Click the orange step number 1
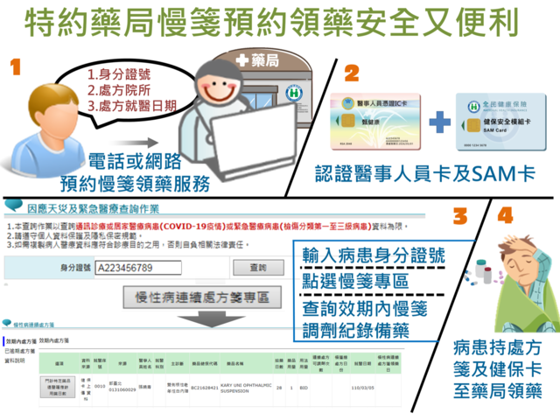click(18, 68)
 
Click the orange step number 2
click(352, 73)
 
